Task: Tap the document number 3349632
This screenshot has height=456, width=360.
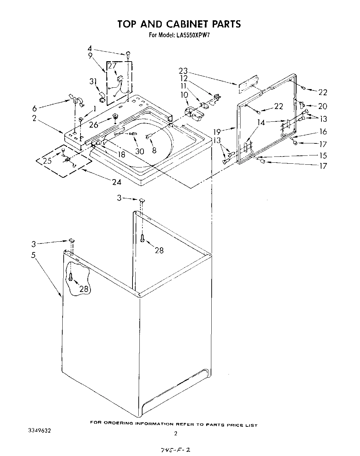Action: click(x=39, y=431)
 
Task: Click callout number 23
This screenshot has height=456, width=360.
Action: click(x=183, y=71)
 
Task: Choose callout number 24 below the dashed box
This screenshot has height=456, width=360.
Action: click(x=117, y=182)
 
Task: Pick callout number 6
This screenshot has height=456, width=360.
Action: click(x=34, y=109)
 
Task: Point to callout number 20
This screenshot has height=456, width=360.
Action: click(x=322, y=106)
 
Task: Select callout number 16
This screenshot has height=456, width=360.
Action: click(x=323, y=132)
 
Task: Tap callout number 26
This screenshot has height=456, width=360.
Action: click(x=94, y=124)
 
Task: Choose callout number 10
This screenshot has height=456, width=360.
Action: click(x=184, y=94)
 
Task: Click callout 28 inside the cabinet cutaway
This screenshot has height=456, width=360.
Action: click(x=84, y=289)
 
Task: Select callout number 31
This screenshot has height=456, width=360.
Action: click(x=92, y=82)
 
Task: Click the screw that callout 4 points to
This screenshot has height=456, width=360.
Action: click(x=128, y=53)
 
